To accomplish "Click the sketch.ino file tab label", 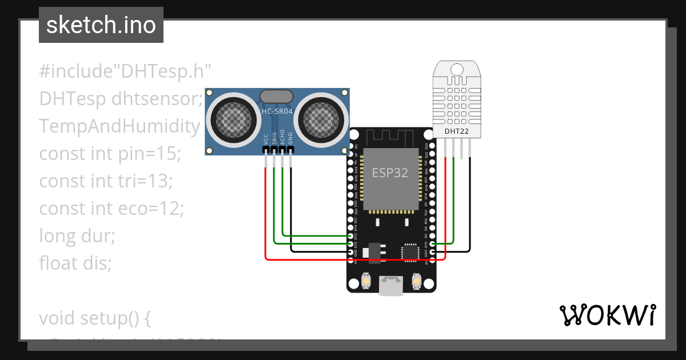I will [x=101, y=25].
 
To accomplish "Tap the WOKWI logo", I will [x=607, y=315].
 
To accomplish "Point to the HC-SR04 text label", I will [x=277, y=111].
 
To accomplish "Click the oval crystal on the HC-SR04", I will [x=277, y=96].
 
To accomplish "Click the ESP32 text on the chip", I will [x=390, y=173].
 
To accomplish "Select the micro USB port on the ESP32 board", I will [x=391, y=286].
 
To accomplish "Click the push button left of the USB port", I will [x=366, y=281].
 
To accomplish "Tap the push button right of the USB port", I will [x=416, y=281].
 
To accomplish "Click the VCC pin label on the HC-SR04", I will [x=266, y=139].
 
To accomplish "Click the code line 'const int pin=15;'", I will [x=110, y=154].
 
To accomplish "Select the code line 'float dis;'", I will [x=75, y=263].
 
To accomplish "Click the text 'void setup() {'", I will [x=95, y=318].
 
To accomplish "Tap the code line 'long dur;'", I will [x=77, y=236].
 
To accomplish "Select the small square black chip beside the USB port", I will [x=409, y=251].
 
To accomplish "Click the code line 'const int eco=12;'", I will [x=111, y=209].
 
